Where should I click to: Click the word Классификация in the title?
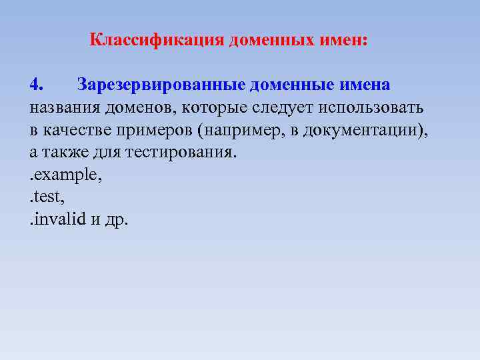point(157,40)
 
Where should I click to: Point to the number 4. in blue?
point(37,85)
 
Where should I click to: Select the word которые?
point(214,108)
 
